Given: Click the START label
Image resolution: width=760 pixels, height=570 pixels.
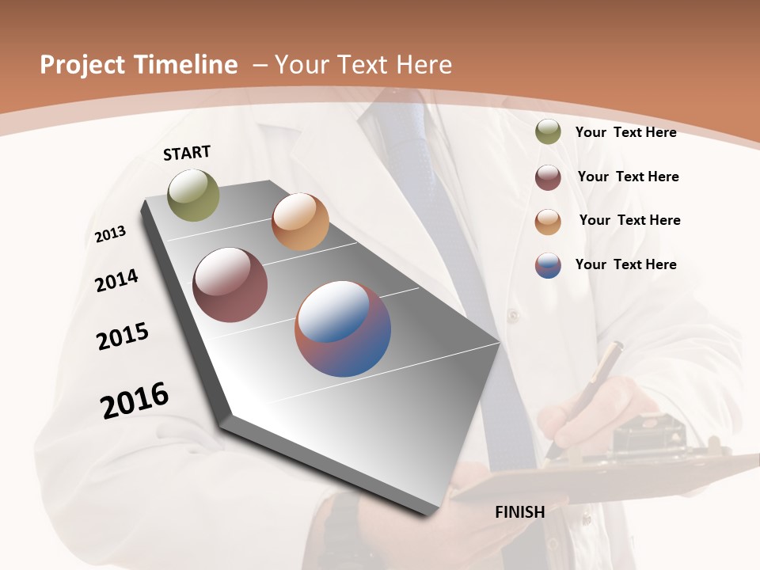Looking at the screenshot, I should pos(187,153).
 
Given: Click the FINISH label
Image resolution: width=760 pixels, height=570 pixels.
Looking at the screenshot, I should pos(520,512).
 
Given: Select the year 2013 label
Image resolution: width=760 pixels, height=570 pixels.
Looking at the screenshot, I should pos(110,234).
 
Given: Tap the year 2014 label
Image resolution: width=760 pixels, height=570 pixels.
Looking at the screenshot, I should pos(116,280).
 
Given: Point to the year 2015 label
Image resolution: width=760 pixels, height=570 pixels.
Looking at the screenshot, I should pos(123,336).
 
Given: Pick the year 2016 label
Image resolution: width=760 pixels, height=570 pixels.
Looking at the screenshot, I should pos(135,401).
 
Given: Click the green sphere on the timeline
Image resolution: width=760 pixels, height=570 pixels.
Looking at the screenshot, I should pos(194,195).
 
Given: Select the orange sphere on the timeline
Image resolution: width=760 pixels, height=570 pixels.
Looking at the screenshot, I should pos(300,222).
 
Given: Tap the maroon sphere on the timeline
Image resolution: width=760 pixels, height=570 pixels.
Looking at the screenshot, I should pos(230,285).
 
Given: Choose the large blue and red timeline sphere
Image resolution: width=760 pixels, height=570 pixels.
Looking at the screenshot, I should pos(343,329).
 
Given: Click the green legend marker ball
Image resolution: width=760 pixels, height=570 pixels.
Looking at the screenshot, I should pos(548,132).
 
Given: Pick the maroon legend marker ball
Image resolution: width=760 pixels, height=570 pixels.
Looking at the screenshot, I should pos(548,177).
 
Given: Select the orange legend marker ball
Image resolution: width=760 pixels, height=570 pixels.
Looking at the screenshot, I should pos(548,221).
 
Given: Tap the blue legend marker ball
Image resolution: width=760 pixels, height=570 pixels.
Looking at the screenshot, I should pos(548,265).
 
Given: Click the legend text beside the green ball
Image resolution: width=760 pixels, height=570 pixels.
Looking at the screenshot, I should pos(626,132).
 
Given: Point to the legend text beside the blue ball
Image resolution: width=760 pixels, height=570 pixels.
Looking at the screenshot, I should pos(626,264).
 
